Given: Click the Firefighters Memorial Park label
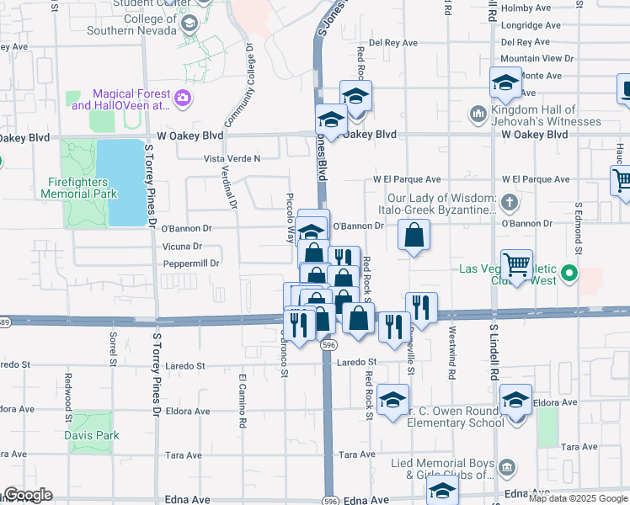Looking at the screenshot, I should (x=79, y=187).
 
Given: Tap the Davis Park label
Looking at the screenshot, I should (x=92, y=435).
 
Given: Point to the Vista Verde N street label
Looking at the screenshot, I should (x=232, y=158).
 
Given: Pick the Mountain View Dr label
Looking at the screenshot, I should (x=537, y=58).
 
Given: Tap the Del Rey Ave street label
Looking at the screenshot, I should (x=393, y=42).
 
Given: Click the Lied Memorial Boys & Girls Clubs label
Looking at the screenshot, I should (x=444, y=469).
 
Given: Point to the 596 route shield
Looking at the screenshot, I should (x=328, y=345).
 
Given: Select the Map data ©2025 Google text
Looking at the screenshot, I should (x=579, y=498).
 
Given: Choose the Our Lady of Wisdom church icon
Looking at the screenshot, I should (x=509, y=202).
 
